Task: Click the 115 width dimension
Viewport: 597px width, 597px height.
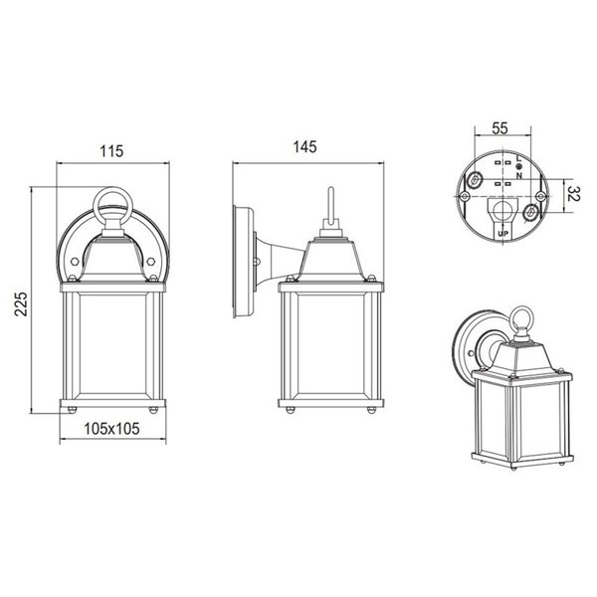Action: point(110,151)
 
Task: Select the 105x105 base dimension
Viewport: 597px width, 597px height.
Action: point(109,430)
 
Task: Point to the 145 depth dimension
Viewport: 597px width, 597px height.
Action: point(304,147)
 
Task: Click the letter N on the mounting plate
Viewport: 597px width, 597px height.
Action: point(518,176)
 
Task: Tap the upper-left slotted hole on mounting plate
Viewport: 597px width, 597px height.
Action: point(475,181)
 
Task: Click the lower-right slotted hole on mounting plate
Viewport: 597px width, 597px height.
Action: point(533,213)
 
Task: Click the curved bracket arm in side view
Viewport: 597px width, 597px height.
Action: point(278,261)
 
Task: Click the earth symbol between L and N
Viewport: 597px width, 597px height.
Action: point(518,167)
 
